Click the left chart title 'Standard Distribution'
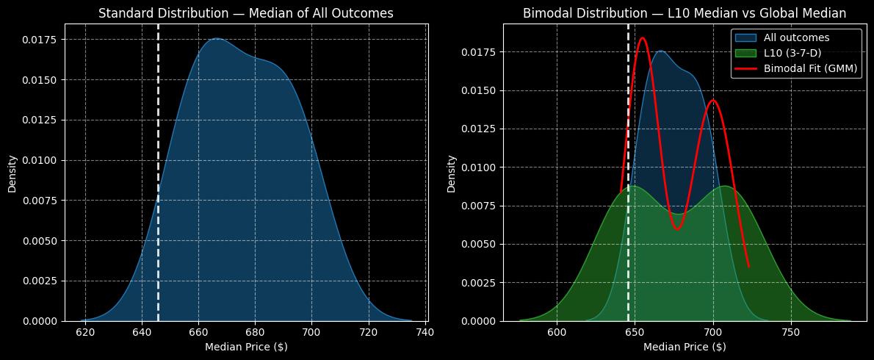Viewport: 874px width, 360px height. (246, 13)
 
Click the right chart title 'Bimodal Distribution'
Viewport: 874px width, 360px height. (684, 13)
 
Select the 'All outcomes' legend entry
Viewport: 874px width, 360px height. (796, 37)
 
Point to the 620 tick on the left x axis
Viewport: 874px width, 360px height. (85, 332)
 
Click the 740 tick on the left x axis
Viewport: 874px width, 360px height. (425, 332)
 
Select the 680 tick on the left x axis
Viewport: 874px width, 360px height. (255, 332)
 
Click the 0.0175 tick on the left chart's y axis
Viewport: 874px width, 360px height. (40, 40)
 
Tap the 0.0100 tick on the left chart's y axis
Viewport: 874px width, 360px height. (40, 160)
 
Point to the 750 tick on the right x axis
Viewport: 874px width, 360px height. (790, 332)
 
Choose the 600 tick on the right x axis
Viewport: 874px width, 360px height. (557, 332)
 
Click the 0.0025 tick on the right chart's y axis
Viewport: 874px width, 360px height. (480, 283)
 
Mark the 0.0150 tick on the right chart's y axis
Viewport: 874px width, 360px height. (480, 90)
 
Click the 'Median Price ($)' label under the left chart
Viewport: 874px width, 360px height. (246, 347)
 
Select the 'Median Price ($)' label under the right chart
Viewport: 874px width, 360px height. (685, 347)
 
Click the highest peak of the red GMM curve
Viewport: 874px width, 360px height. (642, 38)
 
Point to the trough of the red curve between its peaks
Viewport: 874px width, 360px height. (677, 229)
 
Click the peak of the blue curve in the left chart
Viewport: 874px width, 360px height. (217, 39)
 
